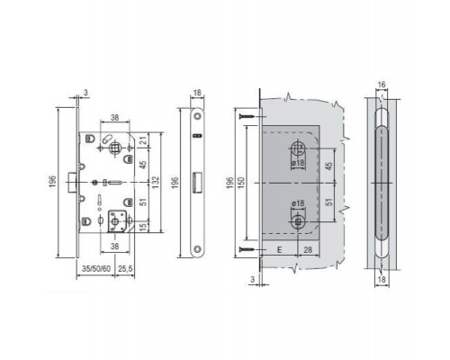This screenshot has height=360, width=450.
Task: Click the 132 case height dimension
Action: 156,181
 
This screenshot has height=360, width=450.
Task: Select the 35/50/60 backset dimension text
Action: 96,268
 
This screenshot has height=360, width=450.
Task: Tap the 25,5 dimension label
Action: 125,268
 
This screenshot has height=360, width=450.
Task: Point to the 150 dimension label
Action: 241,183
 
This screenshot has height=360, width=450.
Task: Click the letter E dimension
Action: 280,249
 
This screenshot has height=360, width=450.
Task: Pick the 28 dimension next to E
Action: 308,249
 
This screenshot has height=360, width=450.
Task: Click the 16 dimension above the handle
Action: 382,85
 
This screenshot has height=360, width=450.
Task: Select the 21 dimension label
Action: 145,140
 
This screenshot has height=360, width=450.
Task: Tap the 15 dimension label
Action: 145,227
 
